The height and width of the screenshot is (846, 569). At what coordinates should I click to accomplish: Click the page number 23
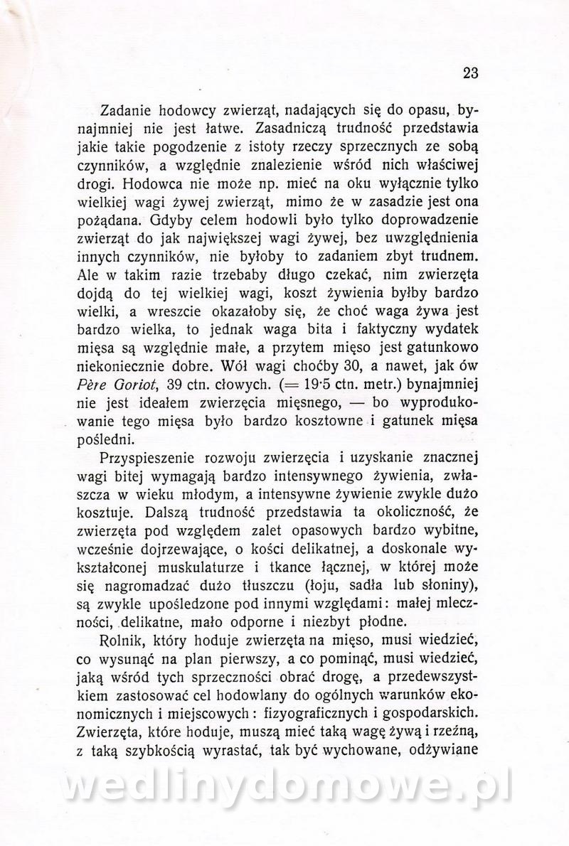[471, 73]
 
